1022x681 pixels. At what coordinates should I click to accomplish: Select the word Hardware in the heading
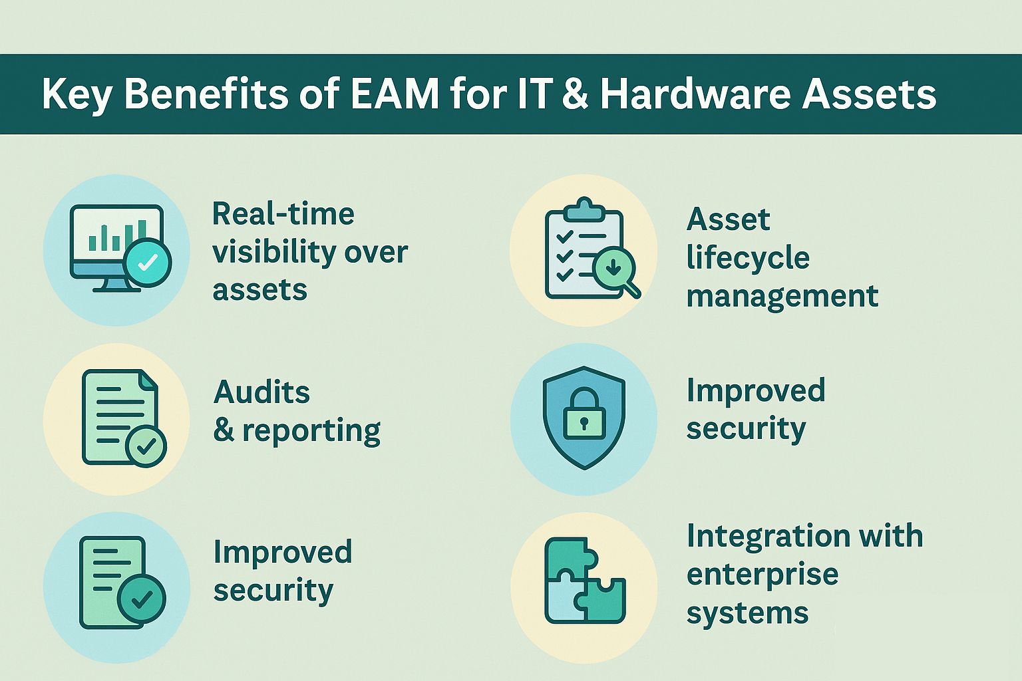[694, 94]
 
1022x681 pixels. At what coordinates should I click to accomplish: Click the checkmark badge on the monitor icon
[148, 262]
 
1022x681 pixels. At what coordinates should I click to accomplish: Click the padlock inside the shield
[584, 416]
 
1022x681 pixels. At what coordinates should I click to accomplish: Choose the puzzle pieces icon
[584, 581]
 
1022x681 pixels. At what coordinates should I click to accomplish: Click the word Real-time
[283, 214]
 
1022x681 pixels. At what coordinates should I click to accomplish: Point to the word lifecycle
[748, 258]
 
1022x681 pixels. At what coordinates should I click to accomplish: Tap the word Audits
[262, 392]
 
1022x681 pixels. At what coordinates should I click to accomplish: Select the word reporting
[311, 432]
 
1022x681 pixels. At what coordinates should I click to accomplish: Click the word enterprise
[762, 575]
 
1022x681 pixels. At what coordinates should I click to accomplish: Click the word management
[782, 297]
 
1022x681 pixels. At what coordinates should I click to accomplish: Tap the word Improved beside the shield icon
[756, 390]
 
